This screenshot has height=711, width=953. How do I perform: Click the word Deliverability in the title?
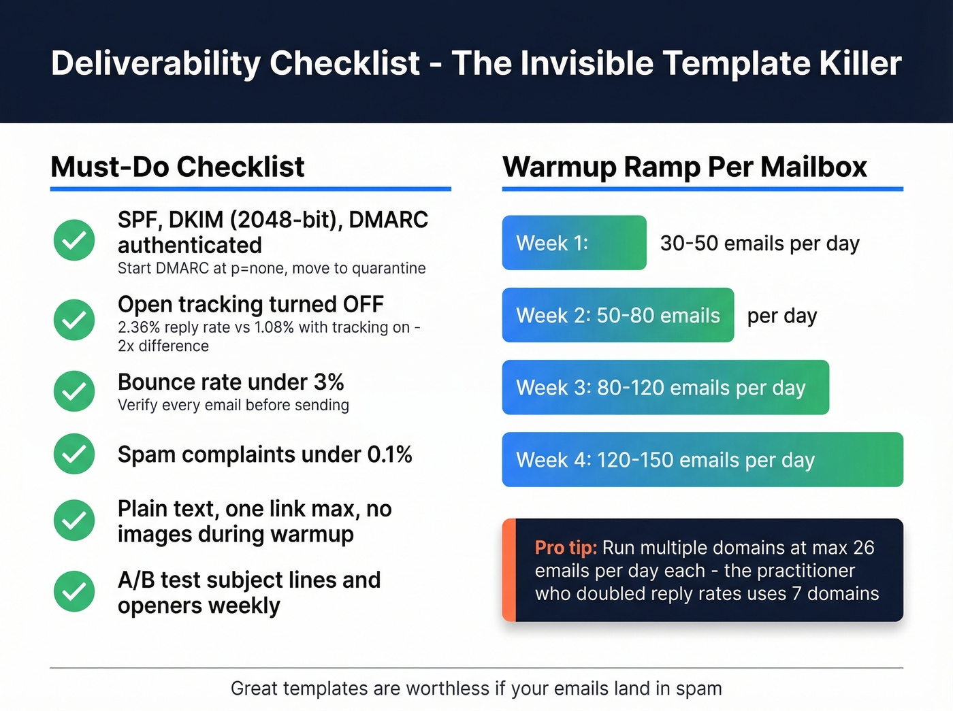pos(156,63)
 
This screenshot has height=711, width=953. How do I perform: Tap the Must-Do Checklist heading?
pos(177,167)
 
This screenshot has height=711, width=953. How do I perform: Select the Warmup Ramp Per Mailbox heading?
pos(684,167)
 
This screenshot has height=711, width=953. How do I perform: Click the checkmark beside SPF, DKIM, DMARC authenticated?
pos(74,240)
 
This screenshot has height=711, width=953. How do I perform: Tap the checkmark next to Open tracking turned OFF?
pos(74,320)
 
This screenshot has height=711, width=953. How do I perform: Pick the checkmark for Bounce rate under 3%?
pos(74,391)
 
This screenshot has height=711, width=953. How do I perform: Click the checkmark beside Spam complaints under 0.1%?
pos(74,454)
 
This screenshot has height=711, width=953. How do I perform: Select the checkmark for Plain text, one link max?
pos(74,520)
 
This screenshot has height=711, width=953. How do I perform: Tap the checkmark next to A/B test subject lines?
pos(74,591)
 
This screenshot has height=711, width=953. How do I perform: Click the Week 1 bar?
pos(574,243)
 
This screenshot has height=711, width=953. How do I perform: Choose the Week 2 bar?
pos(617,315)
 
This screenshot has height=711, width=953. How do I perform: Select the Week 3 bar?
pos(665,387)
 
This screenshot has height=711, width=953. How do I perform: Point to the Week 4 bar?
pos(702,459)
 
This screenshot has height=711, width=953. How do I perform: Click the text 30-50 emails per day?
pos(760,244)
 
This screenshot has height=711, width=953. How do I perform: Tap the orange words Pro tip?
pos(566,548)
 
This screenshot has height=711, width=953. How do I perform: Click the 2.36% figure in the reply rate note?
pos(139,327)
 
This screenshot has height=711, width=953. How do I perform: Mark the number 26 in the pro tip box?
pos(863,548)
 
